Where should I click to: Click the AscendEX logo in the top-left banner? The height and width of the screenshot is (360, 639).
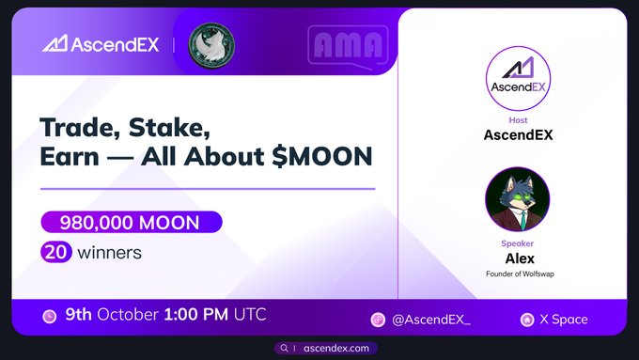pyautogui.click(x=101, y=44)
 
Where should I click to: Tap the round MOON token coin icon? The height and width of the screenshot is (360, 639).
pyautogui.click(x=211, y=44)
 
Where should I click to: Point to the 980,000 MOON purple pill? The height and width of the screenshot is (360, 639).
pyautogui.click(x=131, y=223)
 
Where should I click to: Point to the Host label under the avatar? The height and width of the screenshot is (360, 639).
pyautogui.click(x=517, y=120)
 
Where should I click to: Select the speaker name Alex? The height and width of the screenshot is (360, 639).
pyautogui.click(x=517, y=258)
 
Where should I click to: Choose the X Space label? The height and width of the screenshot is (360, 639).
pyautogui.click(x=563, y=320)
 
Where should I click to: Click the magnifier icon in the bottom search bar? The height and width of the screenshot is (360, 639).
pyautogui.click(x=284, y=348)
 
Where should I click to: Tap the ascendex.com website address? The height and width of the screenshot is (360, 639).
pyautogui.click(x=335, y=348)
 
